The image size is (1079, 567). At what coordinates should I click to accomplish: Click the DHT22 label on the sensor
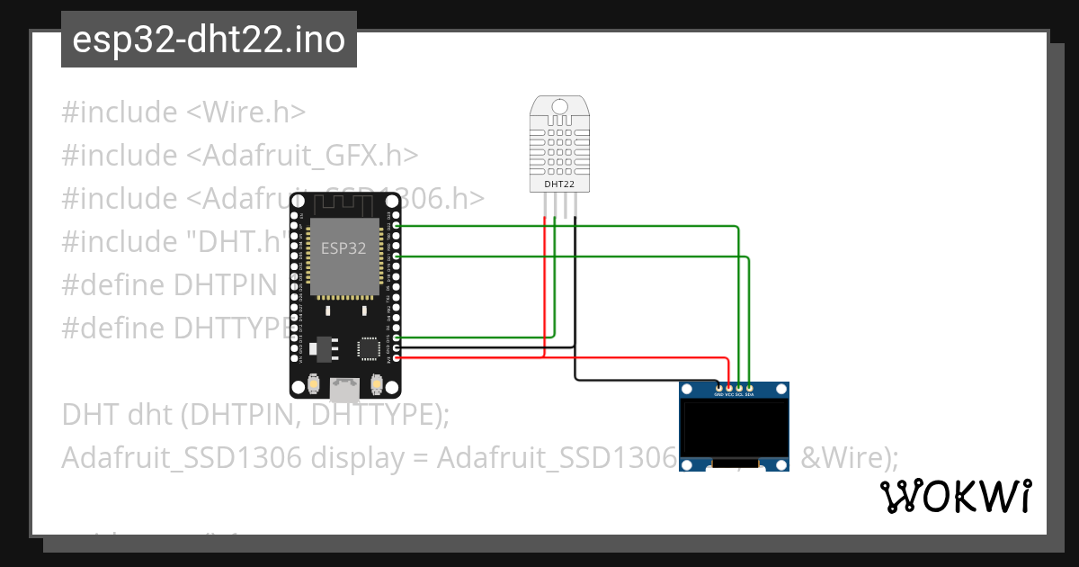coord(559,184)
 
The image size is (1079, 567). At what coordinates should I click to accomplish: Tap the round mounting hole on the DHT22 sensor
coord(559,108)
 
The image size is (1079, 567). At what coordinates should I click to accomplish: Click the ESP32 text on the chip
coord(343,248)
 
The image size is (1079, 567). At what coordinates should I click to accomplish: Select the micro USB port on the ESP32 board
coord(343,389)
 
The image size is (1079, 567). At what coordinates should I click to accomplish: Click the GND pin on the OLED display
coord(718,387)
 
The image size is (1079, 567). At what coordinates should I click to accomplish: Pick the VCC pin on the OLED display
coord(728,387)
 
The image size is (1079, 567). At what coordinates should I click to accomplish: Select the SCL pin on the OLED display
coord(739,387)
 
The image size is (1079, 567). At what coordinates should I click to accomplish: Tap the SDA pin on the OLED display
coord(750,387)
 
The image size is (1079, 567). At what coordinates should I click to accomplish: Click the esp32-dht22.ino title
coord(209,40)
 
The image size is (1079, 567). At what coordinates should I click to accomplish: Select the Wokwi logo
coord(955,497)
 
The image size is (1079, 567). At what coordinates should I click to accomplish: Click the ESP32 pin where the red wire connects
coord(397,357)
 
